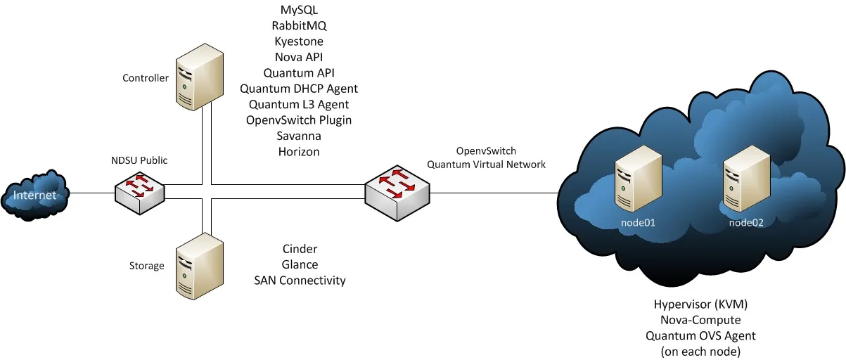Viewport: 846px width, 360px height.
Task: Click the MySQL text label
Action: click(299, 11)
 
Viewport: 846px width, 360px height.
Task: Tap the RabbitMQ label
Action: click(299, 26)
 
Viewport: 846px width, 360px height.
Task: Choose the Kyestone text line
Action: click(299, 41)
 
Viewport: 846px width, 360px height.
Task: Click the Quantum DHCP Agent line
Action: click(299, 89)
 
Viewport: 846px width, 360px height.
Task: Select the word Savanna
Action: click(299, 136)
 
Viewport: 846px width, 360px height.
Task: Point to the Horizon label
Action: click(299, 151)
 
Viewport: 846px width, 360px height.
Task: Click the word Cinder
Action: click(300, 249)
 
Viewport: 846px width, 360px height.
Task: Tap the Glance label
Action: click(300, 264)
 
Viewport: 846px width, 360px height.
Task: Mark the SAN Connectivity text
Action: click(300, 281)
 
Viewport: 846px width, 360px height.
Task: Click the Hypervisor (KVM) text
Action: click(700, 305)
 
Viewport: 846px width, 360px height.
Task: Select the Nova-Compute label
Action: click(700, 321)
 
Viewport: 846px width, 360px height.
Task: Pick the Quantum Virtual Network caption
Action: click(487, 165)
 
